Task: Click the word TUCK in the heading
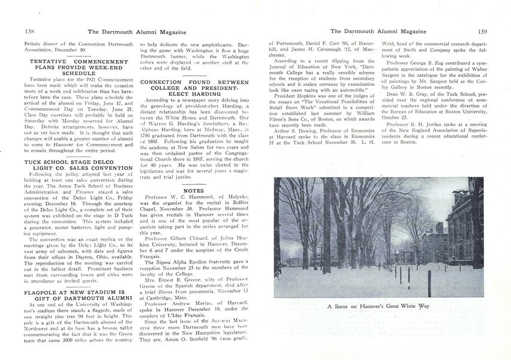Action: [35, 161]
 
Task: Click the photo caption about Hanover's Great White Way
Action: [378, 306]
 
